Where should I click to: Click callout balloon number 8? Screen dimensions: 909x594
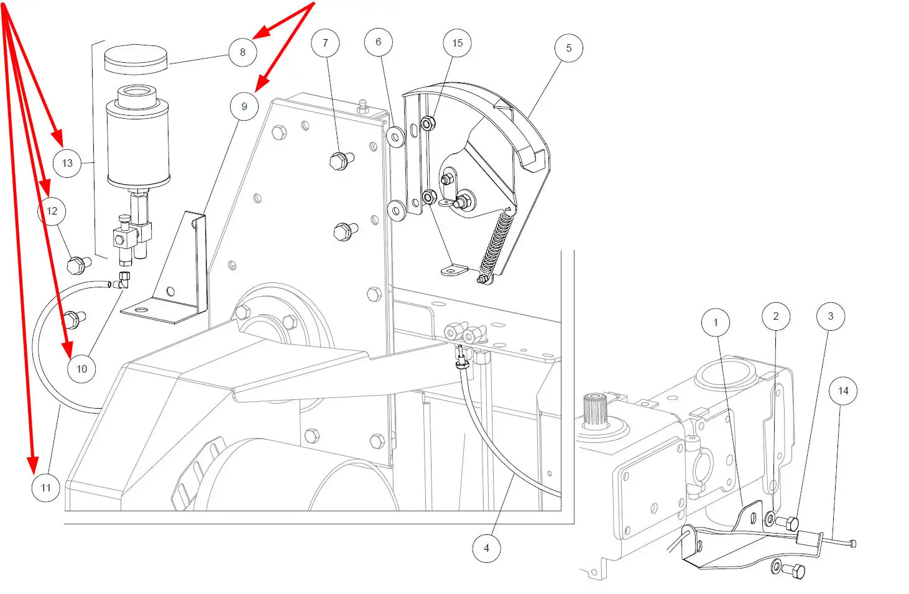coord(242,52)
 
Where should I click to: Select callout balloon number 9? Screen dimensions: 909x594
coord(244,106)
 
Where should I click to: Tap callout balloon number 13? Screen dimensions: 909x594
coord(67,163)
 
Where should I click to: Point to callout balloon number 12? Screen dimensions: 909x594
coord(52,211)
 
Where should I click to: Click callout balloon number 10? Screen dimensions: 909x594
coord(81,369)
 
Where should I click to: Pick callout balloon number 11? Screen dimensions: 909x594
coord(46,488)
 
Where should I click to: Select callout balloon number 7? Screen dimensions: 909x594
coord(325,43)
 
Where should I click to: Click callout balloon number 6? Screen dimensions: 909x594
coord(378,42)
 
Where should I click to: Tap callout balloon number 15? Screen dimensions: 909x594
coord(458,43)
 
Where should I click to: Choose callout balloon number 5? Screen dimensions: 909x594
coord(568,48)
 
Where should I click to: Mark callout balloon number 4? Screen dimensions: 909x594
coord(487,548)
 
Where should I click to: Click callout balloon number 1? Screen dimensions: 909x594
coord(716,322)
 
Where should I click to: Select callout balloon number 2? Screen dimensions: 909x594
coord(776,317)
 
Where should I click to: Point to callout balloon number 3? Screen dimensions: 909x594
coord(831,317)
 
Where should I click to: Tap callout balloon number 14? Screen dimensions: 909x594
coord(843,391)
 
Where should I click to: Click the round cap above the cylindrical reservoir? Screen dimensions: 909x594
coord(136,59)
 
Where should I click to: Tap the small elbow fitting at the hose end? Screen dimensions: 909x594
coord(121,281)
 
